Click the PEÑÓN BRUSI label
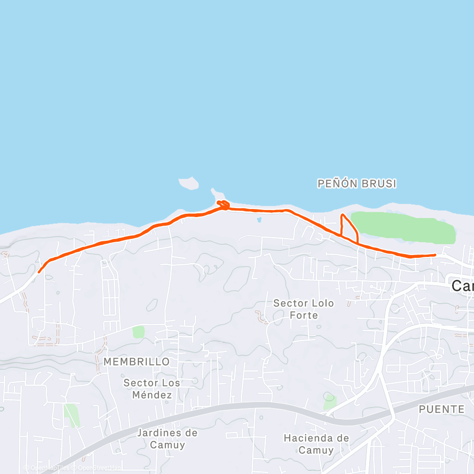(356, 183)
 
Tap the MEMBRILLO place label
(137, 362)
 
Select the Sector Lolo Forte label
(303, 309)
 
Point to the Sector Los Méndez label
(152, 388)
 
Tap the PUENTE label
(442, 409)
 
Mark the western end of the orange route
(39, 272)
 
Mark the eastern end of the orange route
(435, 255)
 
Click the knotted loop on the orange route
(223, 205)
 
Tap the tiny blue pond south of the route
(259, 220)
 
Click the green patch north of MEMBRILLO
(138, 332)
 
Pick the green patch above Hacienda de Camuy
(330, 402)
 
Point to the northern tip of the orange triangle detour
(343, 215)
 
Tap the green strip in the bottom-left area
(72, 415)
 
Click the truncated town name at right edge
(462, 285)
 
